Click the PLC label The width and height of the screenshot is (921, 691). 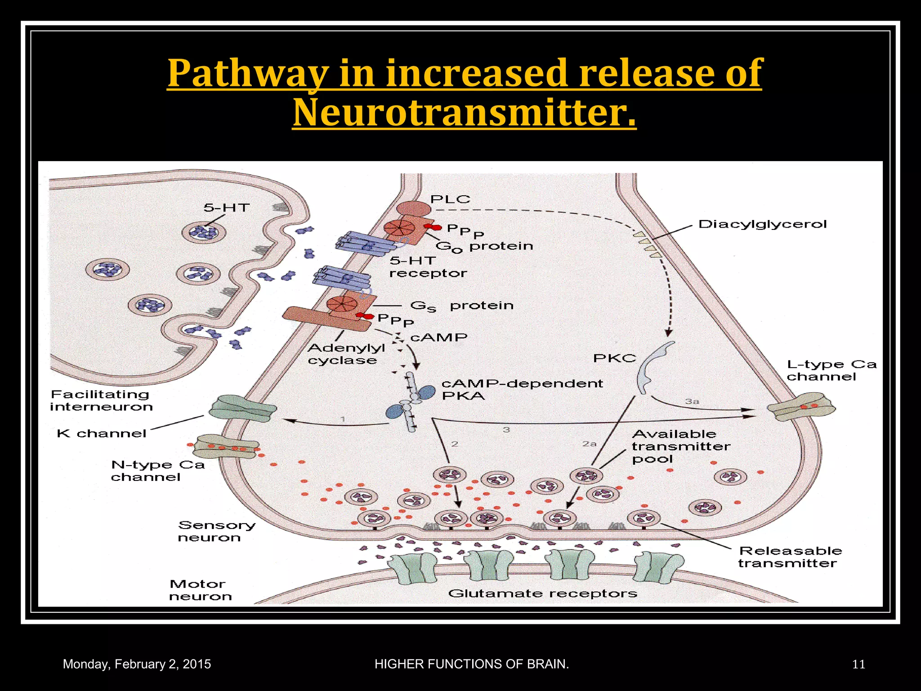pos(450,199)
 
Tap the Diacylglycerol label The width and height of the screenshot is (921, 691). pos(762,224)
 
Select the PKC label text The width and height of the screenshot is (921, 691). pos(614,358)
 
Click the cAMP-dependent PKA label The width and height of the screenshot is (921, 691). pos(522,390)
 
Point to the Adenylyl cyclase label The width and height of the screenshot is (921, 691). pos(346,354)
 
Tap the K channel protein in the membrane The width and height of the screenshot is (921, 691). pos(243,408)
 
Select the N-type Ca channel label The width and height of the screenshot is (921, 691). pos(158,471)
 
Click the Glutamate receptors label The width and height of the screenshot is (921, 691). pos(542,593)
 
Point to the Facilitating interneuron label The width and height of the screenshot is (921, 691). pos(101,400)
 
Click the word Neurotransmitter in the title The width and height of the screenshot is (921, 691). pos(464,112)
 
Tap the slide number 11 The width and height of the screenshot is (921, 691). pos(858,664)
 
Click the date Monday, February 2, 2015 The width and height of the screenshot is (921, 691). pos(137,664)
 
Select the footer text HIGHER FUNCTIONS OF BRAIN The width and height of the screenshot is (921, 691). pos(472,664)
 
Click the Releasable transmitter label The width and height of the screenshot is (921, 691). pos(790,557)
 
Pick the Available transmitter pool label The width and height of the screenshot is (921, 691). pos(680,446)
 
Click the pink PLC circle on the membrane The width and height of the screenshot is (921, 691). pos(413,209)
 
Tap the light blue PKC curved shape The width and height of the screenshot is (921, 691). pos(652,367)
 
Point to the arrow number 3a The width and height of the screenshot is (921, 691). pos(692,401)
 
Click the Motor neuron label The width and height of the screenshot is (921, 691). pos(200,590)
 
